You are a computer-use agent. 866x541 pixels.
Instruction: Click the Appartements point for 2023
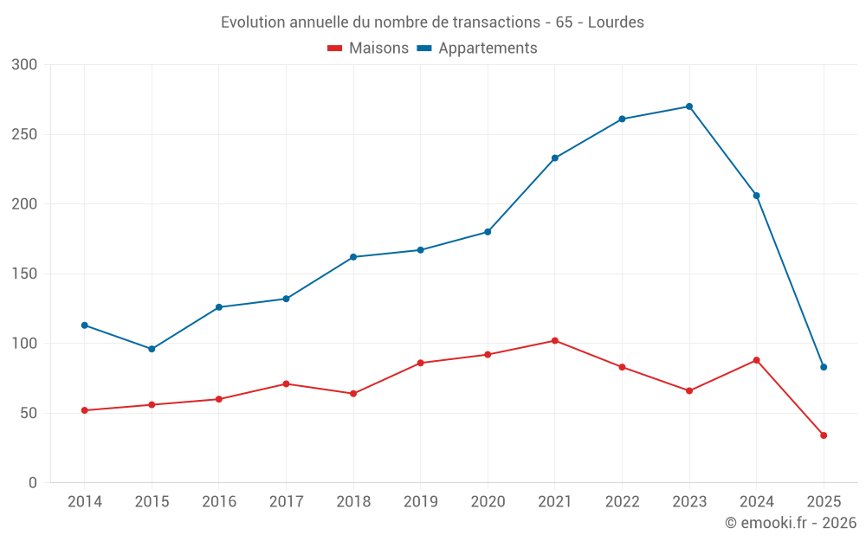click(x=689, y=106)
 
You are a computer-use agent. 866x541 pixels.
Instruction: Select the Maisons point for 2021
click(x=555, y=340)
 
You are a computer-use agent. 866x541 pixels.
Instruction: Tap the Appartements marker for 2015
click(x=152, y=349)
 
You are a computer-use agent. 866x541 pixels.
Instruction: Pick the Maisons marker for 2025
click(x=824, y=435)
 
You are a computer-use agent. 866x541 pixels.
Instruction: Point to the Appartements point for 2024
click(x=757, y=196)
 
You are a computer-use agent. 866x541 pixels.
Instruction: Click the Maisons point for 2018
click(x=353, y=394)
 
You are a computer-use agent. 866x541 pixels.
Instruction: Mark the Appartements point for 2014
click(x=84, y=325)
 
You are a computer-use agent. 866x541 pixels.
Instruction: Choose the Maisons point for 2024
click(x=757, y=360)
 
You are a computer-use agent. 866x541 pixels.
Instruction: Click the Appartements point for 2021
click(x=555, y=158)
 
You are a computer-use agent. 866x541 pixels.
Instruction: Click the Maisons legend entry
click(x=368, y=48)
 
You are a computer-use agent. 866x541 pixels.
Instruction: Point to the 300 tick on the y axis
click(x=25, y=65)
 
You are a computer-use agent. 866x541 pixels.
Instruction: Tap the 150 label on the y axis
click(x=25, y=274)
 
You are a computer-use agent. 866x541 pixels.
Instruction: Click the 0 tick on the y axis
click(x=33, y=483)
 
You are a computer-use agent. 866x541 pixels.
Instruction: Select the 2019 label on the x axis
click(x=421, y=502)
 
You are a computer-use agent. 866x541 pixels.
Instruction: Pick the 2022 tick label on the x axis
click(x=623, y=502)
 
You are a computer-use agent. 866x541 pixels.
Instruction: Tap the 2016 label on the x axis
click(x=218, y=502)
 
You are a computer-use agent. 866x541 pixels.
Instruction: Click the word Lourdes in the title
click(x=616, y=23)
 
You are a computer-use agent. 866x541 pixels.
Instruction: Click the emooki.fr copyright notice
click(x=791, y=523)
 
